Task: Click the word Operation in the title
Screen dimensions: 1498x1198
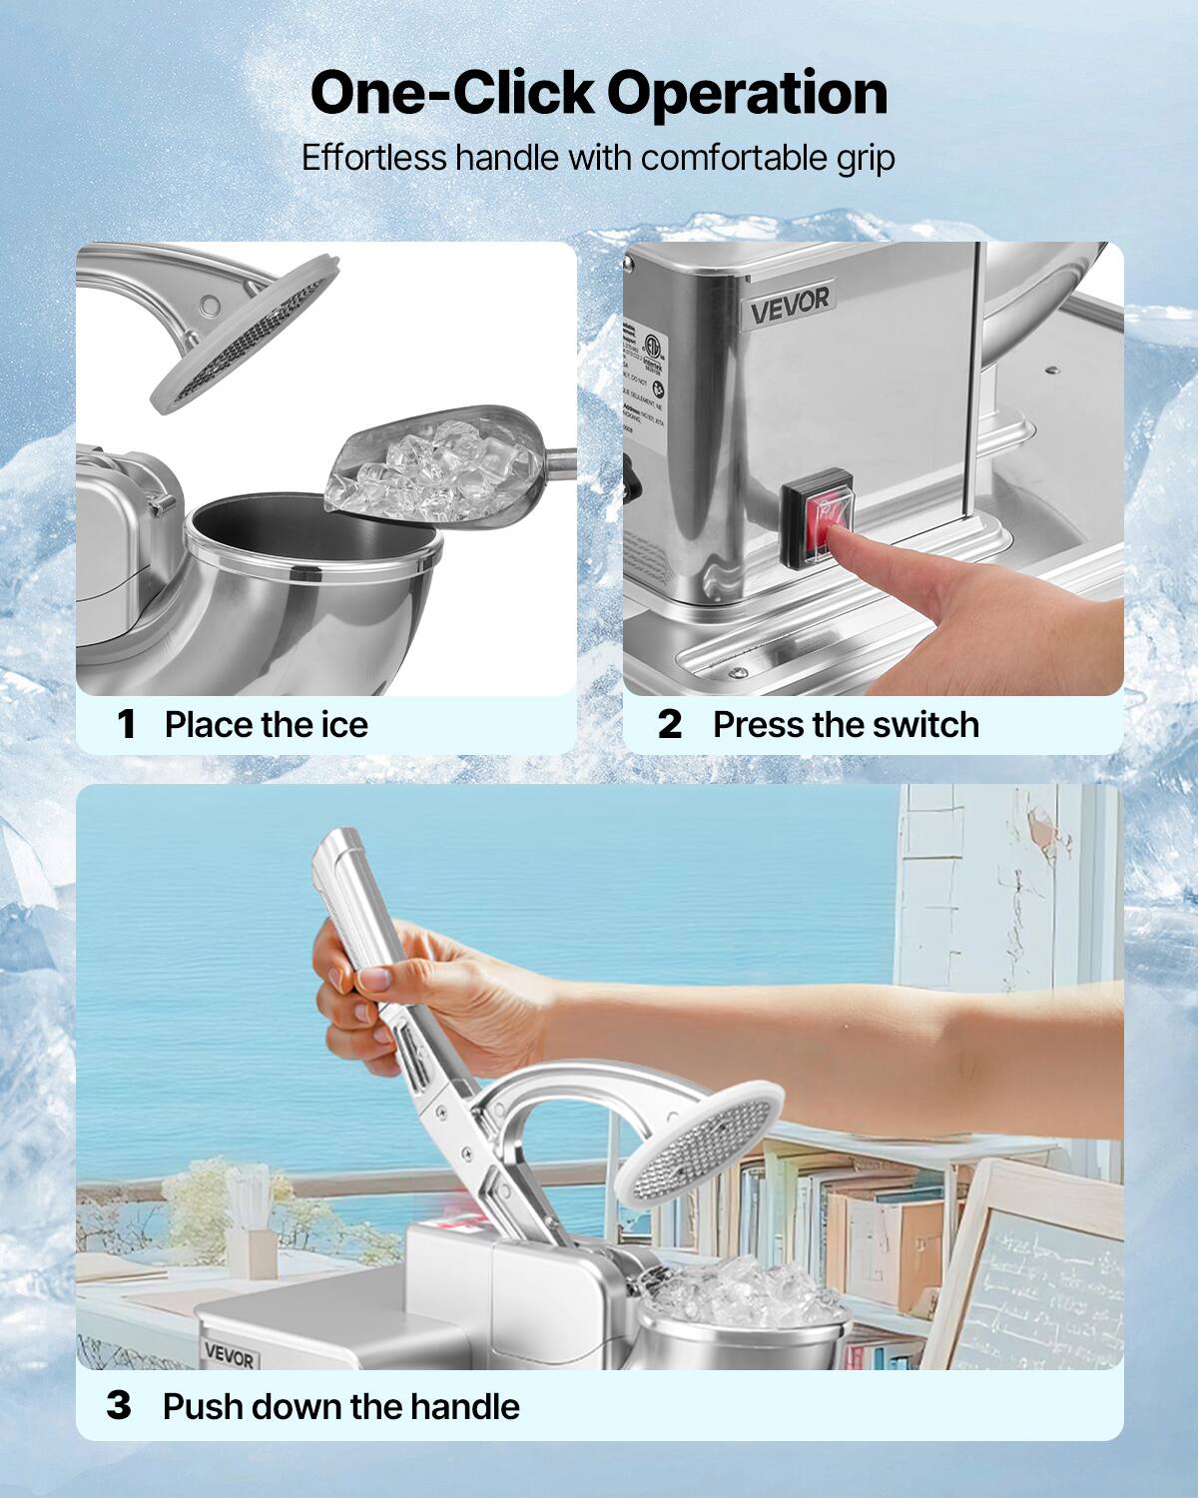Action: click(747, 94)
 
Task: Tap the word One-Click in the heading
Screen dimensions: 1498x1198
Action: click(452, 94)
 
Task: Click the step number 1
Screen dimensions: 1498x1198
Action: click(126, 724)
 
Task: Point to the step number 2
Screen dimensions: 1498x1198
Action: click(669, 724)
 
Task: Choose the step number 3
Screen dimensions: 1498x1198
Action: click(119, 1406)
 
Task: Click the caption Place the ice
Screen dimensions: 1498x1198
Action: click(266, 724)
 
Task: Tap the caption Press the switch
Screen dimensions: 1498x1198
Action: click(846, 724)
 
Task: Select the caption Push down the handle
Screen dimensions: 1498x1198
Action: click(340, 1406)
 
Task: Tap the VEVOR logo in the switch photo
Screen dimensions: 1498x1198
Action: click(789, 305)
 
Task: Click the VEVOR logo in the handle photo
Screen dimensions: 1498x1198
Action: click(230, 1355)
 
